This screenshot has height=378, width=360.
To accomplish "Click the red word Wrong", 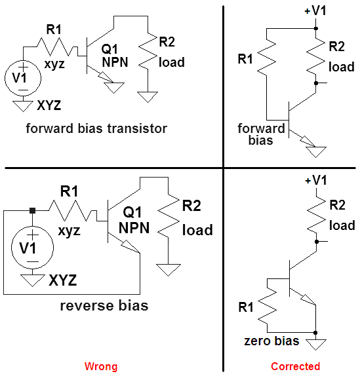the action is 101,366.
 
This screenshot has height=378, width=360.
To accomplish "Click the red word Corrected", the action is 295,366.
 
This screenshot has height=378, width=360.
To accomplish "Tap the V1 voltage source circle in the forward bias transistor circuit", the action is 23,78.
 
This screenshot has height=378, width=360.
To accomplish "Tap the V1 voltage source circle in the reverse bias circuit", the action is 32,248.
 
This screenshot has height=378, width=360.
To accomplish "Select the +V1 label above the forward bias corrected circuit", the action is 315,10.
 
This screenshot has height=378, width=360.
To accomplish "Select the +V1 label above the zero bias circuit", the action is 316,180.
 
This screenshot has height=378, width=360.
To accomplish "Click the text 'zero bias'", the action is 271,341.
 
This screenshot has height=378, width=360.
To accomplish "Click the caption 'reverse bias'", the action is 104,306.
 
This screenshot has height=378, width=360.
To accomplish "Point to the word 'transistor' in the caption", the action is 137,128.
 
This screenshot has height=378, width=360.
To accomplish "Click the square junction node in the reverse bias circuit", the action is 32,210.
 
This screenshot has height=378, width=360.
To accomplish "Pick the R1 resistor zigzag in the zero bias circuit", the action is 267,305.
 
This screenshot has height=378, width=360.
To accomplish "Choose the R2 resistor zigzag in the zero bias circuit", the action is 316,215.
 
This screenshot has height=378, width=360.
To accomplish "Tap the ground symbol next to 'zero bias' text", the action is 315,344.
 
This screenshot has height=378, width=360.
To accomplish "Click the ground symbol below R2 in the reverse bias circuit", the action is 168,270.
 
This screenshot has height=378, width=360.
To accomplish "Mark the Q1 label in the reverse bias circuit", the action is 132,212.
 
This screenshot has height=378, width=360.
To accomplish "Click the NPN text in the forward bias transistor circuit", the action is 115,62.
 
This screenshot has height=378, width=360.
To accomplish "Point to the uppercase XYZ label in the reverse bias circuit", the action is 63,280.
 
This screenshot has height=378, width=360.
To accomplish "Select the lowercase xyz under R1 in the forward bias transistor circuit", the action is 54,64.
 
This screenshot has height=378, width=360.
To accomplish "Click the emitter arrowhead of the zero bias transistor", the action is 308,300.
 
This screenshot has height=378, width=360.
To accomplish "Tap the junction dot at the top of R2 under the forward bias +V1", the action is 316,28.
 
